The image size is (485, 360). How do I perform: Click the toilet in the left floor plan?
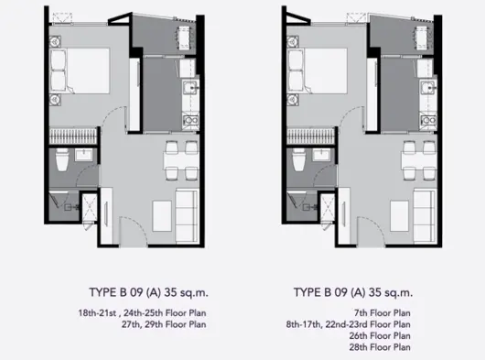pos(62,159)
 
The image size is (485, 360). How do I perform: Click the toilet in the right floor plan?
pos(299,159)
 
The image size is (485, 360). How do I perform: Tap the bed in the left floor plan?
pos(80,71)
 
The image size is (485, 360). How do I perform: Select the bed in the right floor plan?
pos(318,71)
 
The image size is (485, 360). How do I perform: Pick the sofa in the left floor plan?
pos(187,216)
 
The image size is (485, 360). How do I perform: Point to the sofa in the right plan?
pos(425,216)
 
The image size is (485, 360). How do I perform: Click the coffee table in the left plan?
pos(162,216)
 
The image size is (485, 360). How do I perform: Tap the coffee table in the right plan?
pos(400,216)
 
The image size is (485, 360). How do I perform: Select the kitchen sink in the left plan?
pos(190,87)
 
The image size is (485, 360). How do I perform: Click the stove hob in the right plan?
pos(428,120)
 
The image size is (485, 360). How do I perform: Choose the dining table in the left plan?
pos(181,161)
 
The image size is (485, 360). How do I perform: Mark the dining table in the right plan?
pos(419,161)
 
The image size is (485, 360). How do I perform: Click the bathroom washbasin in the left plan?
pos(83,155)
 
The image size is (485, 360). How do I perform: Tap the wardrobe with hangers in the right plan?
pos(311,136)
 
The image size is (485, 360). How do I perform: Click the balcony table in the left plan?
pos(184,38)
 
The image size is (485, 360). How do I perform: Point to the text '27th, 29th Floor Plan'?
pos(164,324)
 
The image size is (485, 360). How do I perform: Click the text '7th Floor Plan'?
pos(383,313)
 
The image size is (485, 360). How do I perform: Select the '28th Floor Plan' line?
pos(380,347)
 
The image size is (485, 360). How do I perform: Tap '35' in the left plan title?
pos(170,292)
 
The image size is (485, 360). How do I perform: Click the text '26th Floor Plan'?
pos(380,335)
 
